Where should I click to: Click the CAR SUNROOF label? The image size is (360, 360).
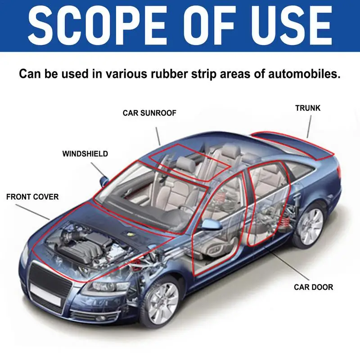pos(149,113)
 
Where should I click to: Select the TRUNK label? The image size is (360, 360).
pos(308,108)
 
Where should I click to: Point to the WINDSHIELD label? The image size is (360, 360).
pos(85,154)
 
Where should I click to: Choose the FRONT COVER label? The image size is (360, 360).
pos(32,197)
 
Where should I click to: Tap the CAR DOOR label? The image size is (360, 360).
pos(313,287)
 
